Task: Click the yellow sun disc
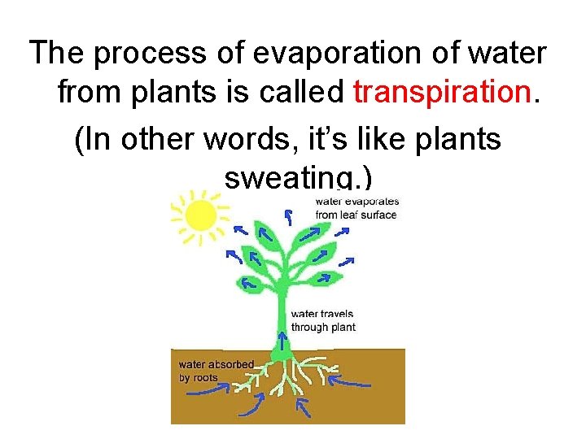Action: (200, 215)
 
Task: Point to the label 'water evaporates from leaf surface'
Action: (356, 208)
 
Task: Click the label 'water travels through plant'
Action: (323, 320)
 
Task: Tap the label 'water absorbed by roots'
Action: (216, 371)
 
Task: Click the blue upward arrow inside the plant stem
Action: (282, 339)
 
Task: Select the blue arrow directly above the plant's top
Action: (287, 216)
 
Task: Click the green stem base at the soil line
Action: (282, 352)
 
